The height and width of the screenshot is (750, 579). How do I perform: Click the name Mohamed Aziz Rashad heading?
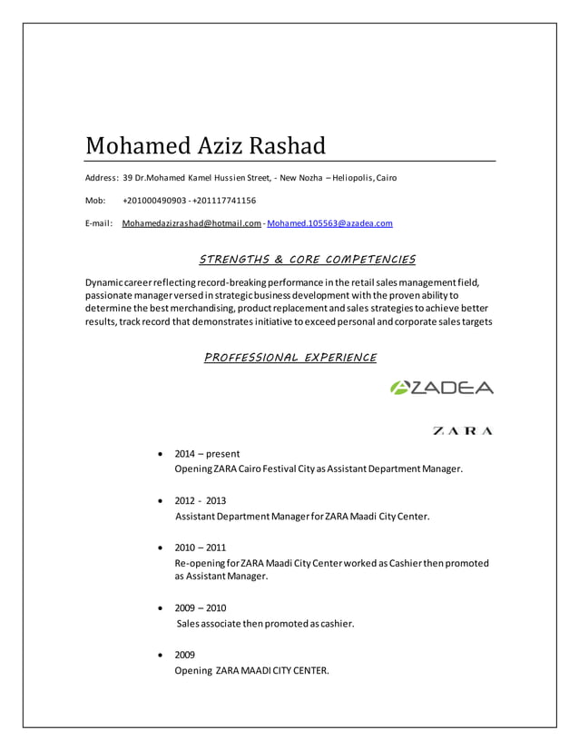click(x=205, y=145)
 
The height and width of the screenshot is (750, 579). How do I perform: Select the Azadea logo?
click(x=441, y=388)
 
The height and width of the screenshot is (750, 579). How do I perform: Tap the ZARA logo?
click(x=462, y=430)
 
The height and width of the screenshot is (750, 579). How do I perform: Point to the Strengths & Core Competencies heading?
click(x=307, y=261)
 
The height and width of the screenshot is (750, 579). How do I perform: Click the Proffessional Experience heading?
click(x=289, y=358)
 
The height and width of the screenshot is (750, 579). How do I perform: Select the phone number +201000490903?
click(x=154, y=200)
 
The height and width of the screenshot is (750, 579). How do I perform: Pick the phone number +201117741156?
click(x=224, y=200)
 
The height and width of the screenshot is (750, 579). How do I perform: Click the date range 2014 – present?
click(x=207, y=453)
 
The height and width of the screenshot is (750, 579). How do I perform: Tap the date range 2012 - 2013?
click(x=201, y=500)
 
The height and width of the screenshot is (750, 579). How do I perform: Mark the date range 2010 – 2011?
click(x=201, y=548)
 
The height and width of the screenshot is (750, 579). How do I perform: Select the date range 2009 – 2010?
click(x=201, y=607)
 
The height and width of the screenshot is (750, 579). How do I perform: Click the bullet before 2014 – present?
click(x=161, y=453)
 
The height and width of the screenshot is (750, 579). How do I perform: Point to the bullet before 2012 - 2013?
click(x=161, y=500)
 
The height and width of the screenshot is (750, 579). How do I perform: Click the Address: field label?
click(x=102, y=177)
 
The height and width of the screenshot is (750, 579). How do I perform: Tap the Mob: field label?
click(x=95, y=200)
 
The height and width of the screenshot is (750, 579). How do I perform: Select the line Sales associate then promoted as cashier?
click(x=265, y=624)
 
